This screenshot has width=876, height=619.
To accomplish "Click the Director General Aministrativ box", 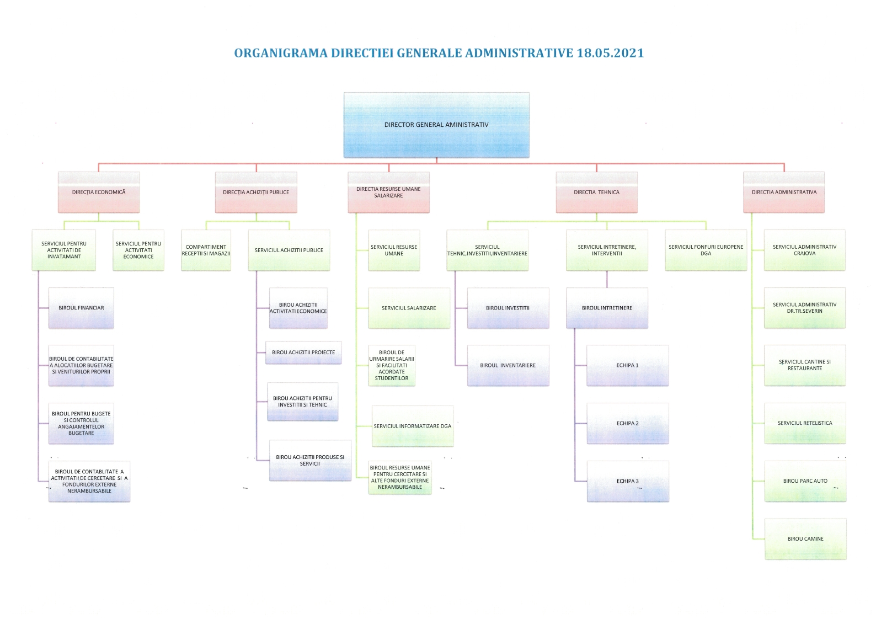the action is pos(436,125).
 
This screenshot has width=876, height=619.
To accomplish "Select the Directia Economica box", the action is pos(99,192).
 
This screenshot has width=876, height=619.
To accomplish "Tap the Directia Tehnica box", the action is pos(596,192).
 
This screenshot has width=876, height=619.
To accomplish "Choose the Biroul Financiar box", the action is pos(81,308).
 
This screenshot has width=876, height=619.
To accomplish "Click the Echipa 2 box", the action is pos(628,423).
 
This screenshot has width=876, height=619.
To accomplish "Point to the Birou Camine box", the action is pos(805,539).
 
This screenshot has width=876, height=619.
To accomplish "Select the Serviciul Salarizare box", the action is pos(409,308).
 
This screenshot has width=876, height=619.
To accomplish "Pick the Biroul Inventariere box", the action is pos(508,365).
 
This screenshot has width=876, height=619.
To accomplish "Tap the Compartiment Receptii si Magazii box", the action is pos(206,250).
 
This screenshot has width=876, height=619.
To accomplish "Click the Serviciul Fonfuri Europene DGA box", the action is pos(706,250).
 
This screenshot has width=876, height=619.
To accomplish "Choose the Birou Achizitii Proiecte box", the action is pos(303,353).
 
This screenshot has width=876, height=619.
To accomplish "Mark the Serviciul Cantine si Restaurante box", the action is pos(805,365).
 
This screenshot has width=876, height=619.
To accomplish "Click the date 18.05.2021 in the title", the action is pos(610,53).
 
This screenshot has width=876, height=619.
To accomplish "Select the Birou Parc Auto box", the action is pos(805,481).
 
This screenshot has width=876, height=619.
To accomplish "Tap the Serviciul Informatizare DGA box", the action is pos(413,426).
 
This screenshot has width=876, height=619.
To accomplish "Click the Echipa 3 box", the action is pos(628,481).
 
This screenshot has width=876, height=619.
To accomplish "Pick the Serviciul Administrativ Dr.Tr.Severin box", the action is pos(805,308).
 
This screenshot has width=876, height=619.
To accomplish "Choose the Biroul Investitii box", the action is pos(508,308).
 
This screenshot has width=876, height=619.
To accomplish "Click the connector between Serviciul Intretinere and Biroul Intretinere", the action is pos(607,279).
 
